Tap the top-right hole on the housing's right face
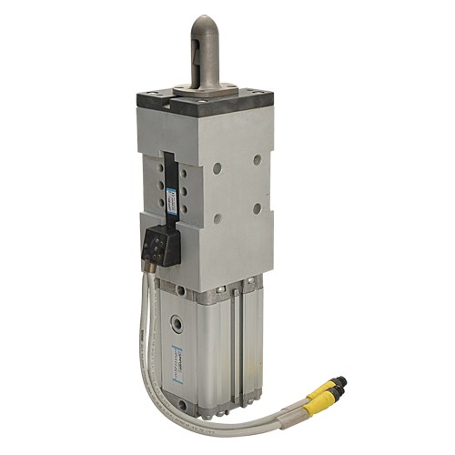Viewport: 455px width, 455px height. coord(258,159)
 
